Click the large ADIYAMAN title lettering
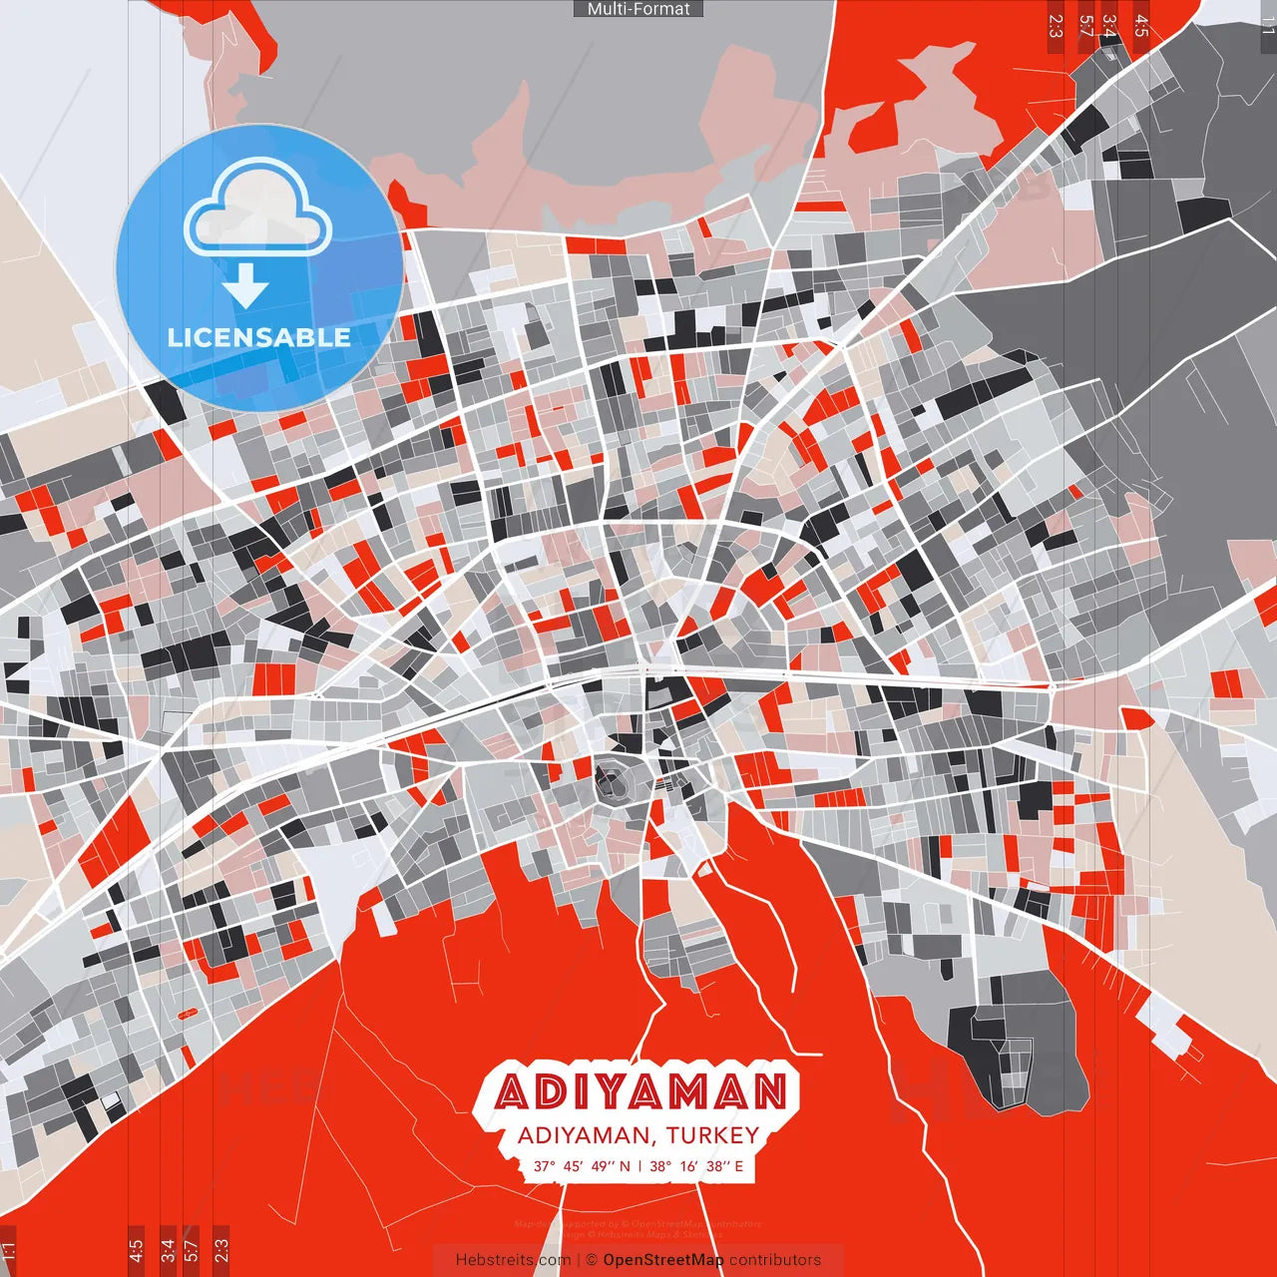(640, 1092)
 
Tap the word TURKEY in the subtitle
(712, 1135)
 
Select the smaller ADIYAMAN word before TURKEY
(583, 1135)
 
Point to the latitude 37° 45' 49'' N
(582, 1166)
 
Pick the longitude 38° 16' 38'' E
(696, 1166)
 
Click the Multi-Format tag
(638, 9)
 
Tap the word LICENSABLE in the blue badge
(259, 337)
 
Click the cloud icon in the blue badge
(258, 211)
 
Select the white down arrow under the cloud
(245, 286)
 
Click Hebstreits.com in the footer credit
(513, 1260)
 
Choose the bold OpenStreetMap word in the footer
(663, 1260)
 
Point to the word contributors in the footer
(775, 1260)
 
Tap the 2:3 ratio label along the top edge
(1056, 26)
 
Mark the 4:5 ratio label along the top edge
(1141, 26)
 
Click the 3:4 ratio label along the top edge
(1109, 26)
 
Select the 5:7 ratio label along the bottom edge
(192, 1249)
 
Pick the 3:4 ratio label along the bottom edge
(168, 1249)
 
